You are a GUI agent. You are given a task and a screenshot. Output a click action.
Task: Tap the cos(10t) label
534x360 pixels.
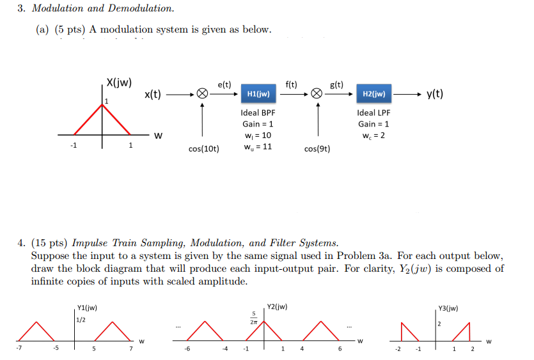click(204, 149)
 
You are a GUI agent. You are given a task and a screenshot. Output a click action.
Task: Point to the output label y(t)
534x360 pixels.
click(435, 95)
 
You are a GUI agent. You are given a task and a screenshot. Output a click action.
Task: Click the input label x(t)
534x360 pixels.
click(152, 95)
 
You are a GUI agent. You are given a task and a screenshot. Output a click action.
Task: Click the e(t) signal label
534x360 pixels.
click(224, 84)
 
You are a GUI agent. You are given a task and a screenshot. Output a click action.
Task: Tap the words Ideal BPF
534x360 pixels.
click(258, 113)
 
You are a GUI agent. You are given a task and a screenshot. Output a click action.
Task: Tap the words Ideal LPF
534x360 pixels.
click(373, 113)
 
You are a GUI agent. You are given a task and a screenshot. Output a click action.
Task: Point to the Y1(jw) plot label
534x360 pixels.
click(86, 309)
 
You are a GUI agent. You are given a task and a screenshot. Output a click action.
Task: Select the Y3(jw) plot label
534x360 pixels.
click(448, 309)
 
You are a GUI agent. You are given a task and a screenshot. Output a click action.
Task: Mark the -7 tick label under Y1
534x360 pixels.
click(20, 349)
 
